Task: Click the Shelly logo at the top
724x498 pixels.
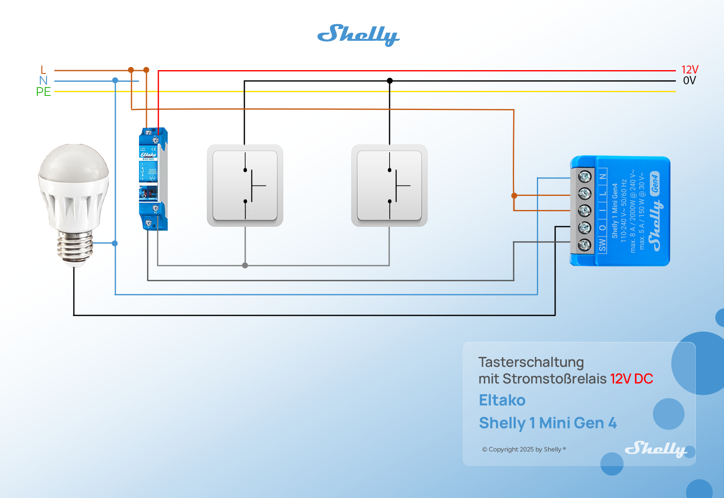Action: pos(358,35)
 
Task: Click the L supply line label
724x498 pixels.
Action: pos(43,70)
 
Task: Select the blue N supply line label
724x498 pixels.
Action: pos(43,81)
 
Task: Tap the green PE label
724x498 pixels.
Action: pos(43,92)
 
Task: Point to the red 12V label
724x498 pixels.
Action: pos(690,70)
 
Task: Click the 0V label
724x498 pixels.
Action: pos(689,81)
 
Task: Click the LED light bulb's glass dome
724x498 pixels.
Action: pos(74,166)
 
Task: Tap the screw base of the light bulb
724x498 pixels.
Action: pos(75,247)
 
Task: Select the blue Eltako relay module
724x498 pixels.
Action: pos(153,178)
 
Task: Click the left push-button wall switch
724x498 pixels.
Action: pos(245,186)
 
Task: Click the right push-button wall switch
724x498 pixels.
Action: pos(389,186)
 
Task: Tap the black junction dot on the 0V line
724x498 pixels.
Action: pos(390,81)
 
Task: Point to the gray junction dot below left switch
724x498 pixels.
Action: pos(245,265)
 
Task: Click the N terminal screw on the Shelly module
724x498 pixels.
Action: pos(585,177)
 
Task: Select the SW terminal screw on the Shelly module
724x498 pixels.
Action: pos(585,245)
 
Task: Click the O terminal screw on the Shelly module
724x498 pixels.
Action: pos(585,227)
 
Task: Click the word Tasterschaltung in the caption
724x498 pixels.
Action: pos(531,362)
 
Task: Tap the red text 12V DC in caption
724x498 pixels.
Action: pos(631,378)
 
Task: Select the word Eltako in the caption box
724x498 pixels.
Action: pos(502,400)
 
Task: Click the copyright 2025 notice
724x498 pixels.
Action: pos(524,449)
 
